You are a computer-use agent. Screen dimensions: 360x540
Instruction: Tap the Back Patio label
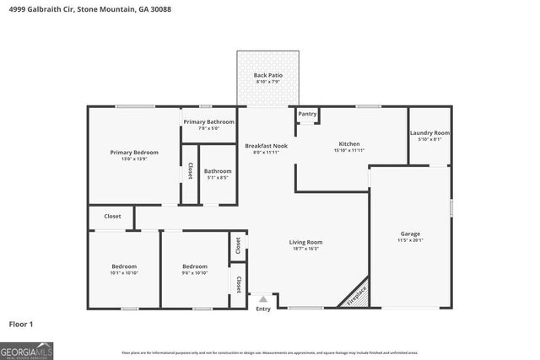pos(268,76)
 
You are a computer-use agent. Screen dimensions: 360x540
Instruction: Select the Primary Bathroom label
pos(208,122)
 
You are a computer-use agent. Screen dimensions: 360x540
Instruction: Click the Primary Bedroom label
pos(134,153)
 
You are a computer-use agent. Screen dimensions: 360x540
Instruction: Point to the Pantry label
pos(307,114)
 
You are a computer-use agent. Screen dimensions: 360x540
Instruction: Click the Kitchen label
pos(349,144)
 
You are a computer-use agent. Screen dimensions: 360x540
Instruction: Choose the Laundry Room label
pos(429,133)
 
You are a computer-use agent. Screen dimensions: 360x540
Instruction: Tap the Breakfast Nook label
pos(267,146)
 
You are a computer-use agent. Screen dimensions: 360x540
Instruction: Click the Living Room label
pos(307,242)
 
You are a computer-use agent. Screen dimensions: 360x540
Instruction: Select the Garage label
pos(410,234)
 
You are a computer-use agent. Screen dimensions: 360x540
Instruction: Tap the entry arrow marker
pos(263,298)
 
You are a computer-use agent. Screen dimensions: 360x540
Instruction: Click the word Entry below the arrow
pos(263,309)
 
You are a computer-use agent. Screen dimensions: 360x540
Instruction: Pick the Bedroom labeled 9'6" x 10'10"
pos(195,266)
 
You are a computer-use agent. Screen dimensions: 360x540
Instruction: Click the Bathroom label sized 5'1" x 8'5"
pos(217,171)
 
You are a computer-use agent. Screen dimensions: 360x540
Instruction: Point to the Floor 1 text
pos(21,323)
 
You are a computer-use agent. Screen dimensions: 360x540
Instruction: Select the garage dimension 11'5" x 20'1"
pos(410,239)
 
